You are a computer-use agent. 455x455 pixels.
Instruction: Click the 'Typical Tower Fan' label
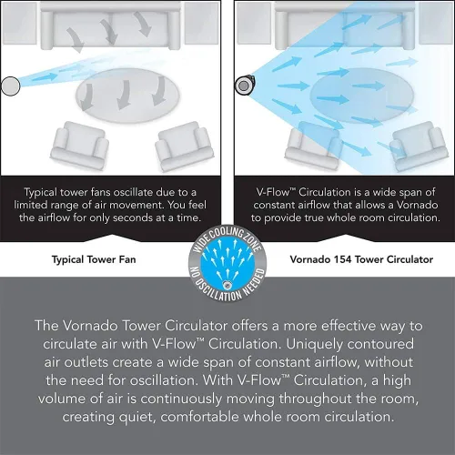point(94,259)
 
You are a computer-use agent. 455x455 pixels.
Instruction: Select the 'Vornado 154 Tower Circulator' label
point(361,259)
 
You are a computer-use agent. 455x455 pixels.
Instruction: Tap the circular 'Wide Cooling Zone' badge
point(227,263)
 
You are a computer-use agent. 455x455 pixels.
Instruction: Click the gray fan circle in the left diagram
point(11,86)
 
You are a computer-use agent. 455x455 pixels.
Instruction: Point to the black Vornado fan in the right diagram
point(245,86)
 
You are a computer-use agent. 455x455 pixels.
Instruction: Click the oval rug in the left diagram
point(127,96)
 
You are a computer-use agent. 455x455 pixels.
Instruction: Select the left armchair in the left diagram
point(79,145)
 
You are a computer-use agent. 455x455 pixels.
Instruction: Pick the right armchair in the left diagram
point(184,147)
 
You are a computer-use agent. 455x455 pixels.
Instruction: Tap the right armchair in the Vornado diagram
point(419,147)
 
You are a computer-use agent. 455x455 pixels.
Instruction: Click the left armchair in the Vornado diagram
point(314,145)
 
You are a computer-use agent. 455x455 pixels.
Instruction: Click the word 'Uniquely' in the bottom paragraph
point(314,345)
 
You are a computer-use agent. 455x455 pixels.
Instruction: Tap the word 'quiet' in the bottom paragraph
point(137,418)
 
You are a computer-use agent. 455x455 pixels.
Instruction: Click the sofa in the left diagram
point(110,25)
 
